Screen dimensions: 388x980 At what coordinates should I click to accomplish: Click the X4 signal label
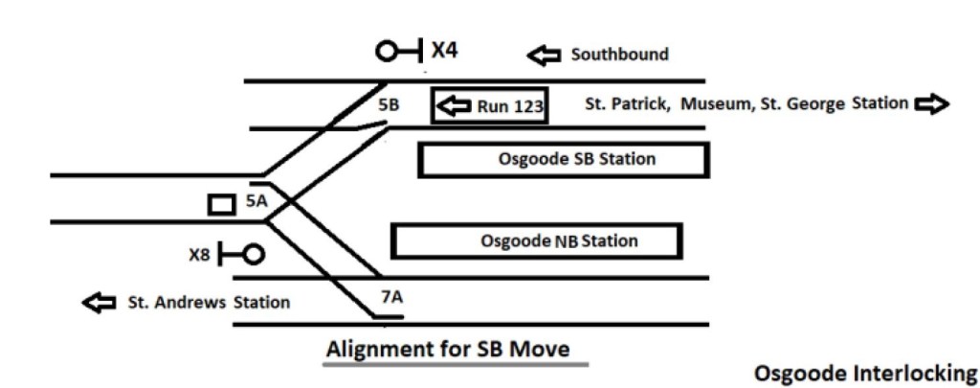coord(444,50)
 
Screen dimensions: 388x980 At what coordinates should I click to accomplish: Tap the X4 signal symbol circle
coord(388,51)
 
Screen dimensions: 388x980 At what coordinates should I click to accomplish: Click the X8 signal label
coord(199,256)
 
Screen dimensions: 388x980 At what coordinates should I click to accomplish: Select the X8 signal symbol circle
coord(253,255)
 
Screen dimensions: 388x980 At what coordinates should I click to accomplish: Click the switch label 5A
coord(256,201)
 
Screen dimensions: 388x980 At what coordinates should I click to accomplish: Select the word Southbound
coord(619,55)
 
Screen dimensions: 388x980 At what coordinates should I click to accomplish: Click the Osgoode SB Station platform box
coord(563,160)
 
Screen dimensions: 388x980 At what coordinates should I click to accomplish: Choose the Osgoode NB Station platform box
coord(537,240)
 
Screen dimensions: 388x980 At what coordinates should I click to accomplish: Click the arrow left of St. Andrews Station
coord(98,303)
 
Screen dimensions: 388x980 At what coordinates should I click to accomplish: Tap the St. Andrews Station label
coord(209,303)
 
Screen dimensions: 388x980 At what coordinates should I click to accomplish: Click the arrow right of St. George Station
coord(932,103)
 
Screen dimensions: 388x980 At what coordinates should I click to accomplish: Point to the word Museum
coord(714,103)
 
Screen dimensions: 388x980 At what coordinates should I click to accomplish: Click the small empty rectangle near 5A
coord(221,204)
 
